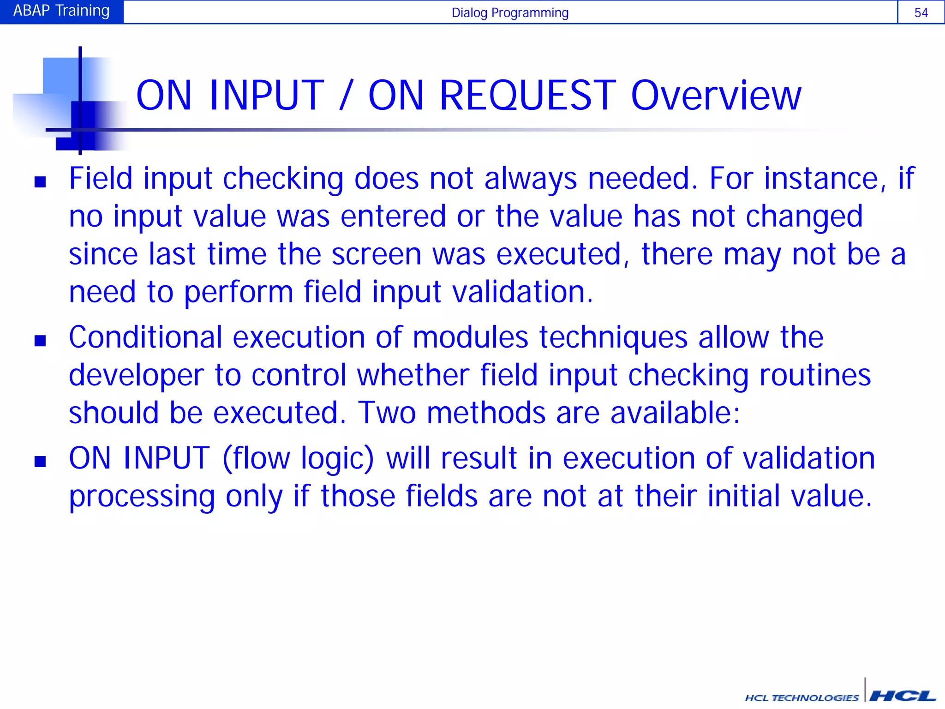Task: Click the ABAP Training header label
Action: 61,11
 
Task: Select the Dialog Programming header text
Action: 510,12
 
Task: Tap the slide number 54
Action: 921,12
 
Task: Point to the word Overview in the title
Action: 716,96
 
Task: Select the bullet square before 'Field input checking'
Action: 40,182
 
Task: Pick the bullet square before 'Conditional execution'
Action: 40,341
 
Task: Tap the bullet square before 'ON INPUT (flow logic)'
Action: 40,462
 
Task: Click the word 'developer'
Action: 136,375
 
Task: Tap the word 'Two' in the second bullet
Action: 387,413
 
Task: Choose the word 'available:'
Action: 675,413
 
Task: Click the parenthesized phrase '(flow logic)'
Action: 298,459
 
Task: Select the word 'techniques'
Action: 613,337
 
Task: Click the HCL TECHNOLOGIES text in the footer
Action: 802,698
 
